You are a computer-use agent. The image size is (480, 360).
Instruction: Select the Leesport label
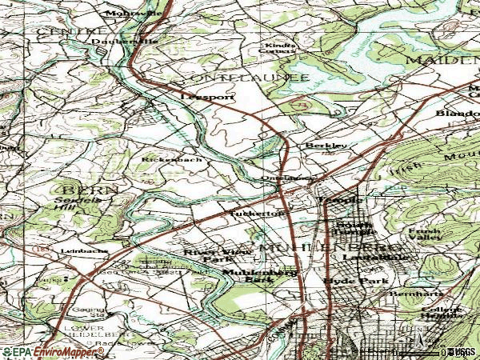(207, 96)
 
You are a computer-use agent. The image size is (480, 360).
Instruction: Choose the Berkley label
(326, 146)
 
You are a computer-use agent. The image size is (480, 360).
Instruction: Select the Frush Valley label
(424, 234)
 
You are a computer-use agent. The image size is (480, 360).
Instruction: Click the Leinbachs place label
(84, 251)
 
